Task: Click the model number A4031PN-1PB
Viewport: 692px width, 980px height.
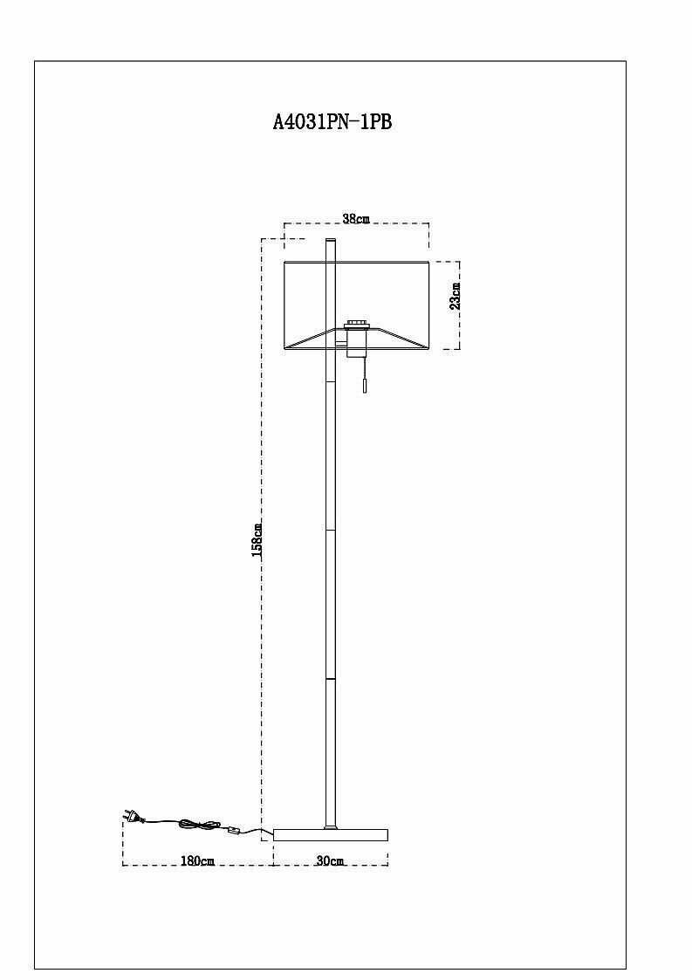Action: click(332, 123)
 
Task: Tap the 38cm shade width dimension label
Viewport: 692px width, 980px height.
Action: click(355, 219)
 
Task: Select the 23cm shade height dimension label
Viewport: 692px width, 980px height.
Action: click(455, 297)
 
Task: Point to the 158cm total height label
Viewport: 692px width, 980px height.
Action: click(257, 539)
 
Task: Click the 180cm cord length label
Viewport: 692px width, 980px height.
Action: click(197, 860)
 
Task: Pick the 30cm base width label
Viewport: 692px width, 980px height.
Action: click(330, 860)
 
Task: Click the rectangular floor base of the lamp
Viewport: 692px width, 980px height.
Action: click(330, 835)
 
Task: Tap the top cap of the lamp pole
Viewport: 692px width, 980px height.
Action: click(330, 239)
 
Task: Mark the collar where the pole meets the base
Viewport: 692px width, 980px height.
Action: click(330, 826)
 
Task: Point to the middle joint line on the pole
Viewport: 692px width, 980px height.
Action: click(330, 529)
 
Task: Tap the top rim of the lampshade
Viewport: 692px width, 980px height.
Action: click(356, 261)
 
